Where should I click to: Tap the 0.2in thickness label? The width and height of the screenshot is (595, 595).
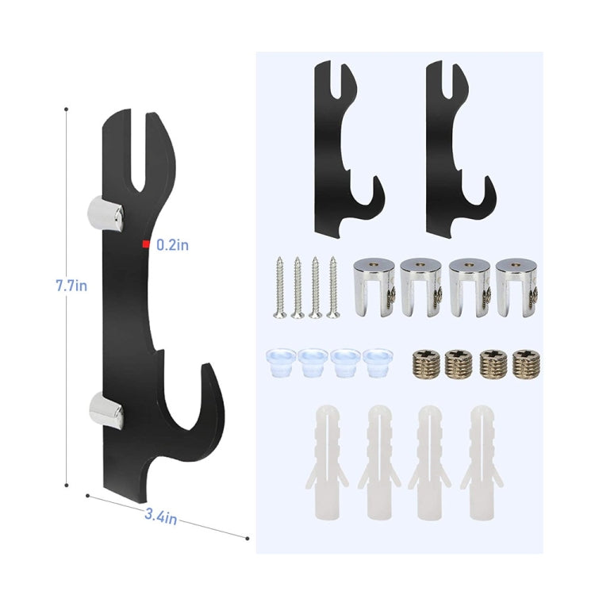(172, 246)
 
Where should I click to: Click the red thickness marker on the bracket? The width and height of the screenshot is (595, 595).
(145, 244)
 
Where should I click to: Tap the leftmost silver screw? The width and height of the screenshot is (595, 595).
(280, 287)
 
